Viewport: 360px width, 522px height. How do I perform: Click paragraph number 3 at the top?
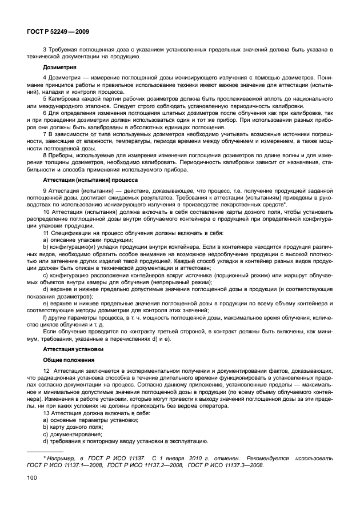[45, 50]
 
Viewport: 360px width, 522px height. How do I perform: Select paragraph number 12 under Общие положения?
[47, 372]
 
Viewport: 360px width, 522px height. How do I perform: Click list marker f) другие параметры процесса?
[45, 316]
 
